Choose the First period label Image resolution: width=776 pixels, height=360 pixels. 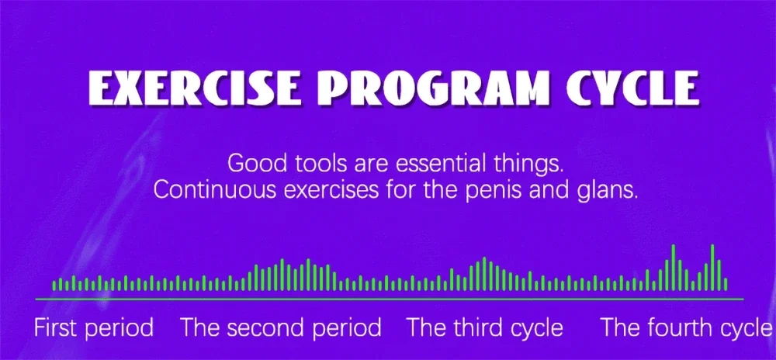pos(94,328)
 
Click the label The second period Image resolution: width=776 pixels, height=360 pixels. pos(281,328)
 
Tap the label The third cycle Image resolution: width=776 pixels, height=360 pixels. pos(485,328)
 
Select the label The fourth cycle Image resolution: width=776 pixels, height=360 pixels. pos(687,328)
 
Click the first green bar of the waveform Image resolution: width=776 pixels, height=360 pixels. pos(54,286)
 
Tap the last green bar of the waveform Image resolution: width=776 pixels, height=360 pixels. pos(726,284)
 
